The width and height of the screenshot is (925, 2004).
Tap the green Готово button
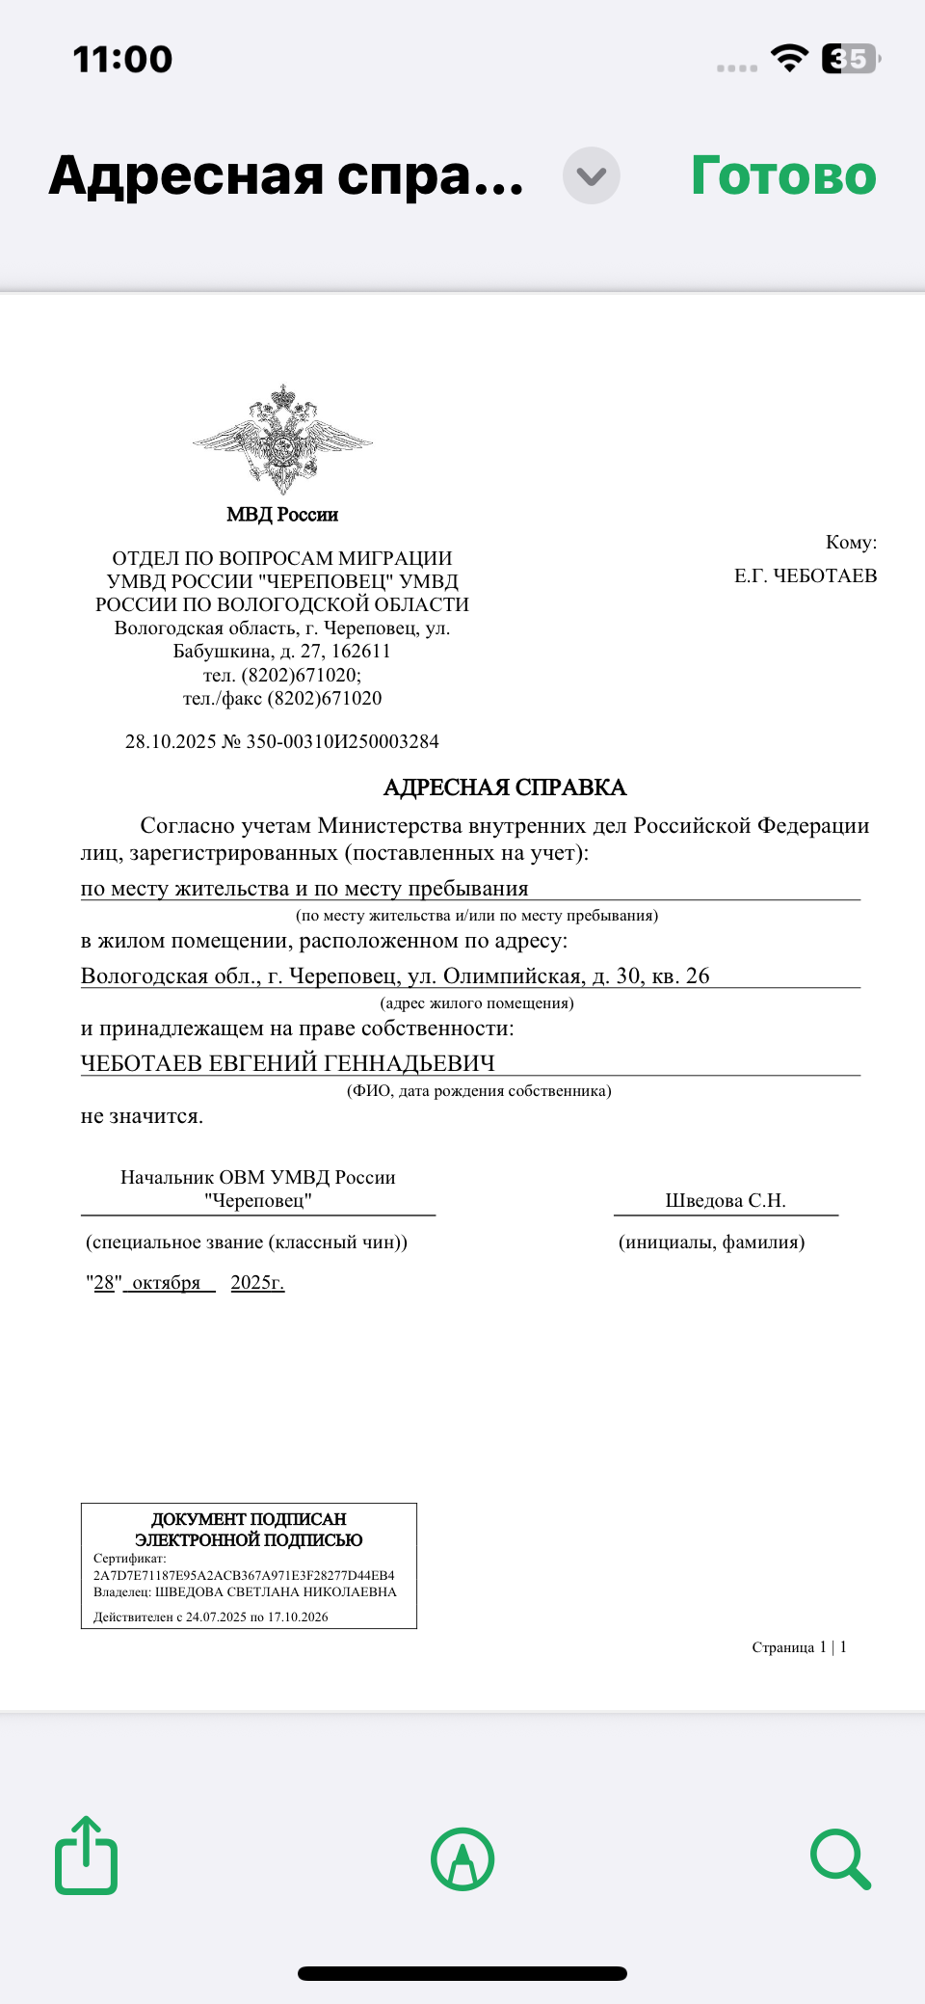(783, 176)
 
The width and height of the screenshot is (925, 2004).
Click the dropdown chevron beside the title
(591, 176)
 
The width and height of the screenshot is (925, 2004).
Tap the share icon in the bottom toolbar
(87, 1856)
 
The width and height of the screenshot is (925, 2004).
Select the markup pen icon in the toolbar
(462, 1858)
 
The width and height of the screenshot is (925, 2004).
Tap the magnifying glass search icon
(840, 1857)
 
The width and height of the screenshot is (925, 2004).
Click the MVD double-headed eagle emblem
(282, 439)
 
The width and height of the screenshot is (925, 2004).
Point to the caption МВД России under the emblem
(282, 515)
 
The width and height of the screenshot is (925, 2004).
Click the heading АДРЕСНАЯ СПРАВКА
(505, 788)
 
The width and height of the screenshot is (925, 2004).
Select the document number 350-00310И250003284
(342, 741)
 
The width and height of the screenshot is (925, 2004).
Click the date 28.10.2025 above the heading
(171, 741)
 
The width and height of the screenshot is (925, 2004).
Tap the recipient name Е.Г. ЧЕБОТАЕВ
(806, 575)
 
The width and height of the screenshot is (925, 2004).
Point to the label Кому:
(851, 542)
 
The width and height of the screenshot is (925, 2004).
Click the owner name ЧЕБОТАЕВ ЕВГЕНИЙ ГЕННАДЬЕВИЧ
(287, 1062)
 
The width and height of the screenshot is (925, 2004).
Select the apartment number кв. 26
(680, 975)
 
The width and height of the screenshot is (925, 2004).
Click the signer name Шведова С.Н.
(726, 1200)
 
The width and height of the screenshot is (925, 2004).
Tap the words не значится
(142, 1116)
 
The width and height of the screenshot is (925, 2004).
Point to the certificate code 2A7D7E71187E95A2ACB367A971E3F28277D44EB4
(244, 1575)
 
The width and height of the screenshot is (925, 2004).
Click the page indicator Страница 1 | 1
(799, 1647)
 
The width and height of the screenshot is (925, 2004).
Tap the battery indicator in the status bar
(850, 59)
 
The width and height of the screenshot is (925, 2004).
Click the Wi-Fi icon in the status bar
(789, 59)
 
